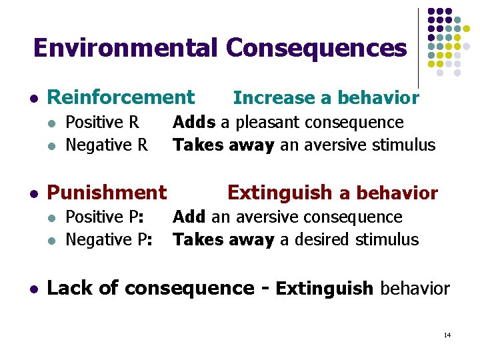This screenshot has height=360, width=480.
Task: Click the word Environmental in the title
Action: pos(125,48)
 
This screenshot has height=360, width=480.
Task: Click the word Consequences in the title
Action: pos(316,48)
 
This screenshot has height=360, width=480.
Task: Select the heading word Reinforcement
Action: pos(121,97)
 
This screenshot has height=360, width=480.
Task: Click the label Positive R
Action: pos(102,123)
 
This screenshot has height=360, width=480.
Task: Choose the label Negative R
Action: pos(107,145)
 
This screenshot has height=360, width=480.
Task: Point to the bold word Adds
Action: pos(194,123)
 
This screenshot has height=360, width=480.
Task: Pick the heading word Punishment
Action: pos(107,193)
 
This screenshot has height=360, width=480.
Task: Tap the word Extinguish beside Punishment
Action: pos(279,193)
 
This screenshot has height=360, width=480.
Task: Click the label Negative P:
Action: pos(110,239)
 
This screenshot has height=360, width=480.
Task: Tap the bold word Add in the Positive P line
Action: pos(190,217)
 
